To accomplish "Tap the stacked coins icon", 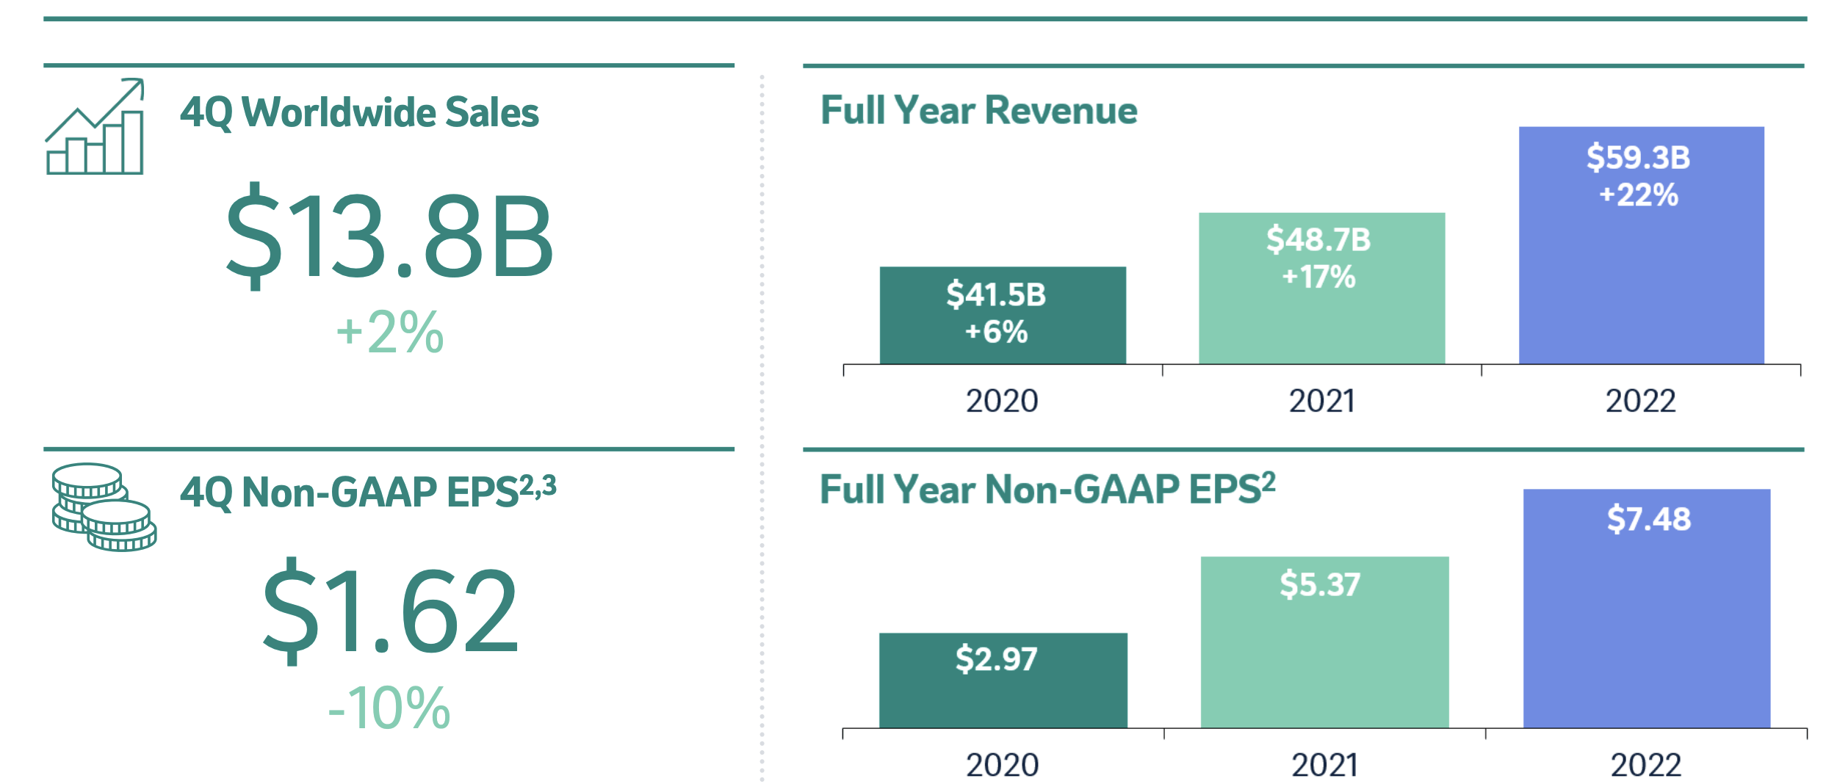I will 104,507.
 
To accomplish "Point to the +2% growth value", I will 390,332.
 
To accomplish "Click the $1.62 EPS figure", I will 390,611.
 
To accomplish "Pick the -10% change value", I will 389,708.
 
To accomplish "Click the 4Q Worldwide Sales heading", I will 359,112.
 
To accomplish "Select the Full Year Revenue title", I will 978,111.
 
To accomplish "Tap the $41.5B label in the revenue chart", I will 995,294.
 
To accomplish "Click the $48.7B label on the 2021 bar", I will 1318,240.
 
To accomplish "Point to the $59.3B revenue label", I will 1638,158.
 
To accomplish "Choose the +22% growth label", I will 1639,195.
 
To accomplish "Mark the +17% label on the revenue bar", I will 1318,277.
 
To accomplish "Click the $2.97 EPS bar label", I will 996,658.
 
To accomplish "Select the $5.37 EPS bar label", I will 1320,584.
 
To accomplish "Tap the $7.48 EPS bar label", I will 1648,519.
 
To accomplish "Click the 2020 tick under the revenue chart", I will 1002,401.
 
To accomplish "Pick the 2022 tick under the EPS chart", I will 1646,766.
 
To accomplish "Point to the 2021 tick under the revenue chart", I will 1321,401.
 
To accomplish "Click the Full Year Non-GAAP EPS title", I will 1047,490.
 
